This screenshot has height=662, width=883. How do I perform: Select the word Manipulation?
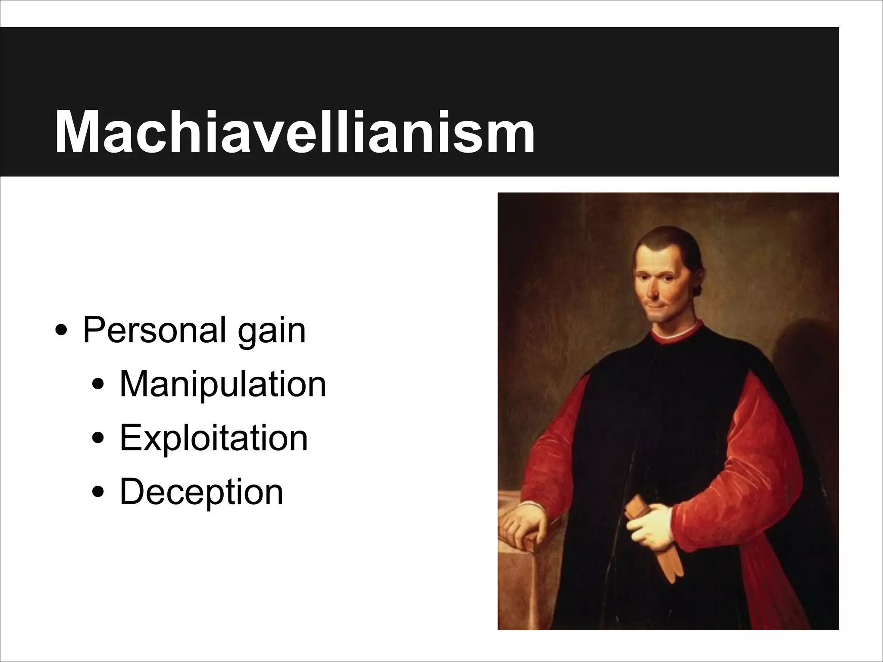point(222,384)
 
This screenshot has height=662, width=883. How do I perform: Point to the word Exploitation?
point(213,438)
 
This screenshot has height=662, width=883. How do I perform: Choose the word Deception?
point(201,492)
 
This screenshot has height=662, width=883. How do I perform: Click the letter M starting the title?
point(80,132)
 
